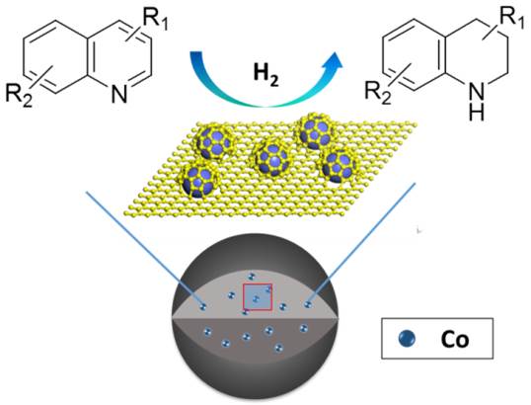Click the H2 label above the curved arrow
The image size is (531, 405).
266,75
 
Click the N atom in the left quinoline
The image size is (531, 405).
119,94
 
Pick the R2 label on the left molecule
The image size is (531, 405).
19,96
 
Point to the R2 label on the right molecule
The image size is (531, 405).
378,92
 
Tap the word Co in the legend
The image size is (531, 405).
454,339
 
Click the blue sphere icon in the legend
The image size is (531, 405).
407,339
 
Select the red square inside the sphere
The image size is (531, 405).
258,296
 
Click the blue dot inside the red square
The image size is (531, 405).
256,299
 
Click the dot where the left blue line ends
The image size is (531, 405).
203,307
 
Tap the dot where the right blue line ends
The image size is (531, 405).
308,304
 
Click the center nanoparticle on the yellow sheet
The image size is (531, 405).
272,158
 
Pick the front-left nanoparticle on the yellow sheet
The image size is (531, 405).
199,182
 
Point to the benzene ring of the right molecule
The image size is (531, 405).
414,56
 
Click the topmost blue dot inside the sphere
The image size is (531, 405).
251,277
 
